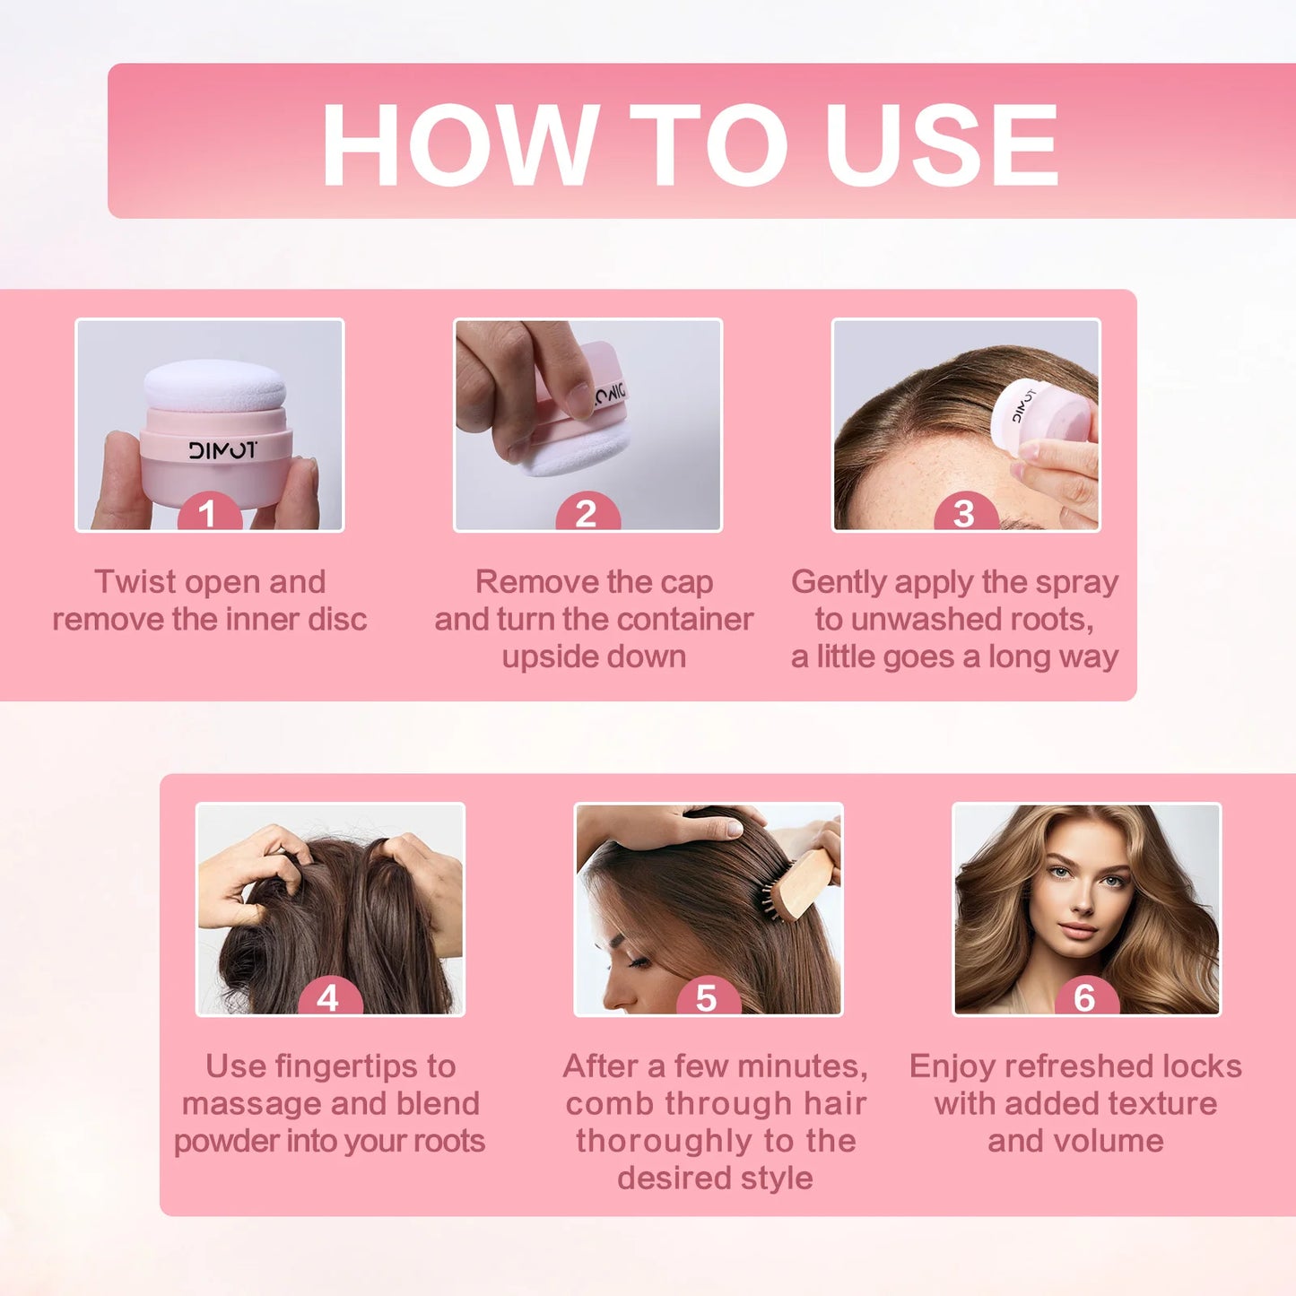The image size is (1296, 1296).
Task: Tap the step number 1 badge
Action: [208, 514]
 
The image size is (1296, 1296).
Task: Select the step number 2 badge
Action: [587, 514]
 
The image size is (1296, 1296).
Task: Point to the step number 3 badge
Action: [964, 514]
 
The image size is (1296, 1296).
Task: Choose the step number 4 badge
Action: [328, 997]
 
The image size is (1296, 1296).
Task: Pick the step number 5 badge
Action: [707, 997]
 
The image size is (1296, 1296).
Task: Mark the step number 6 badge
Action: [1084, 997]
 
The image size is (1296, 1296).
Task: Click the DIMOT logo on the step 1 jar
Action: [222, 449]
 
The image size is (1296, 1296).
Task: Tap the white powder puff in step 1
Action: [215, 384]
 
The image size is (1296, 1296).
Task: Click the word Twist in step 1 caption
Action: [135, 582]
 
